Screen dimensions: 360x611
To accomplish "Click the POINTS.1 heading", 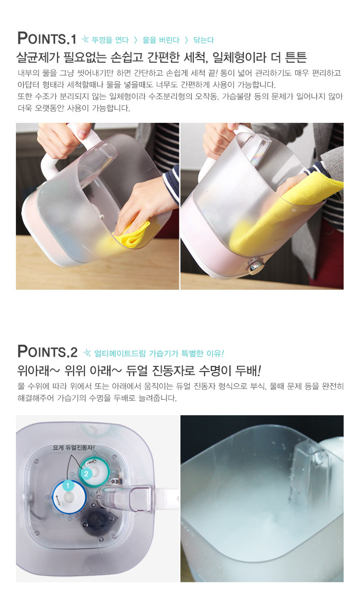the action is click(46, 39).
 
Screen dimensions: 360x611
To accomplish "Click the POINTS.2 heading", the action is click(47, 352).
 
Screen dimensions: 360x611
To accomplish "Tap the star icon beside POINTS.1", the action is click(85, 39).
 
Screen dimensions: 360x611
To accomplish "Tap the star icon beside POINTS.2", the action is click(87, 353).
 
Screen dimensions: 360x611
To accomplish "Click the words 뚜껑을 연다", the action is click(111, 40).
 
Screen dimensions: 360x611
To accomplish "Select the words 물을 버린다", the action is click(161, 40).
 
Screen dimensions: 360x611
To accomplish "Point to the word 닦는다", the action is click(204, 40).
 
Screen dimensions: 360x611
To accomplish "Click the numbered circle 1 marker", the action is click(68, 486).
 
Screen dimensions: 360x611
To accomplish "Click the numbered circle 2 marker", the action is click(86, 474).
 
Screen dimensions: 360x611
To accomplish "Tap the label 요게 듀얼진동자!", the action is click(74, 448).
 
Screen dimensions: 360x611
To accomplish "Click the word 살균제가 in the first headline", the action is click(37, 57).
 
